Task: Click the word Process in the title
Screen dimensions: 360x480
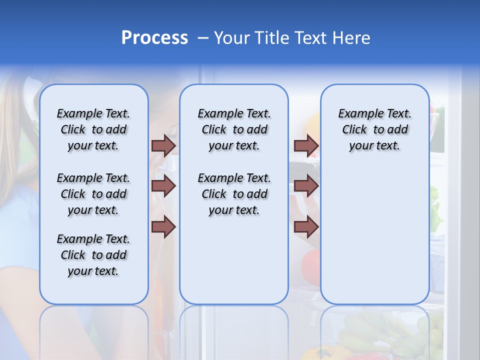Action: click(154, 38)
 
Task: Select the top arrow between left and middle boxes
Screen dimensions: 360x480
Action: click(163, 145)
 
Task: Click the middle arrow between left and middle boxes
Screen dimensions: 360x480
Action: click(163, 186)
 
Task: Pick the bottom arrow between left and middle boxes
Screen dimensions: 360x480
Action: click(163, 227)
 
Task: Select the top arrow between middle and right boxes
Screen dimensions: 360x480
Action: click(306, 145)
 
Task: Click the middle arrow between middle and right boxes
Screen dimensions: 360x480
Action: click(306, 186)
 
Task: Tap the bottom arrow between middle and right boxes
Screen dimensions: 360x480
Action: click(306, 227)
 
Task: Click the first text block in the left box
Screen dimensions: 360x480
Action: click(93, 129)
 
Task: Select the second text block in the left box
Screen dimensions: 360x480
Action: click(93, 194)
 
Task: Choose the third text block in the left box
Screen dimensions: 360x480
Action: click(93, 255)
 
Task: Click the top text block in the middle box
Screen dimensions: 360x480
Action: click(234, 129)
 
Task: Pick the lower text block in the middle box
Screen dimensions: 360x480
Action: click(234, 194)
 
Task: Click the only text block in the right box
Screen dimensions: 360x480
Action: click(374, 129)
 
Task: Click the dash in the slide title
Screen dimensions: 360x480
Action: click(203, 38)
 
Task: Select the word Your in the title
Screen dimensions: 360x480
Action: click(231, 38)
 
